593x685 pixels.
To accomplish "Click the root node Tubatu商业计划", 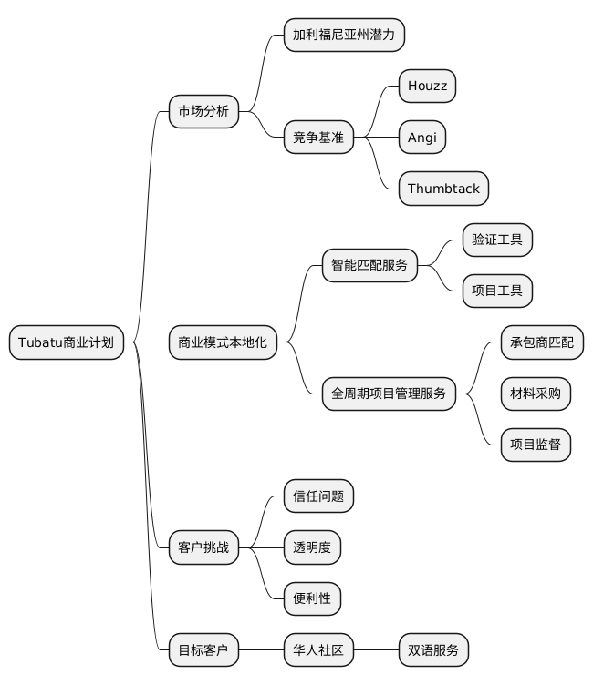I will [x=66, y=342].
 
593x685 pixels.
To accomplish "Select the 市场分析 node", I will [x=203, y=112].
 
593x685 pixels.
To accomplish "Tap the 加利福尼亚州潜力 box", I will [x=344, y=35].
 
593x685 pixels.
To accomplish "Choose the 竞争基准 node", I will [x=318, y=138].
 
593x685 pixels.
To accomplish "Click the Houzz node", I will [x=427, y=87].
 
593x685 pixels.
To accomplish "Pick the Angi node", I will [x=422, y=138].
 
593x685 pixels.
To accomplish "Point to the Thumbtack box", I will [x=443, y=189].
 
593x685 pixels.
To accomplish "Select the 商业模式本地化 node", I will [x=224, y=342].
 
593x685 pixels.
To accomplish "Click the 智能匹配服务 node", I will [x=369, y=266].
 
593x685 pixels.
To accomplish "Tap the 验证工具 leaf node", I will [x=497, y=240].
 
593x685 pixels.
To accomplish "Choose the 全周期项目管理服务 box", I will [x=389, y=394].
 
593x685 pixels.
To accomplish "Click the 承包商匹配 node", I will [x=542, y=342].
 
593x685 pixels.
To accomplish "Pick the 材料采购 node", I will [x=536, y=394].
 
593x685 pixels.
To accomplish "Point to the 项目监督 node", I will [x=536, y=445].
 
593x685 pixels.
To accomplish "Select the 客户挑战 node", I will [x=203, y=548].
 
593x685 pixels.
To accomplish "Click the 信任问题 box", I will [x=318, y=496].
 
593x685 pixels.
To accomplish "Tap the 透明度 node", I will [x=312, y=548].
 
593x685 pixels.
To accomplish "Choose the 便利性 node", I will [x=312, y=599].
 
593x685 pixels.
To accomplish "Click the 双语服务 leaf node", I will [x=433, y=650].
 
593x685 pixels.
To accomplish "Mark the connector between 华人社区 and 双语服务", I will [x=376, y=650].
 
